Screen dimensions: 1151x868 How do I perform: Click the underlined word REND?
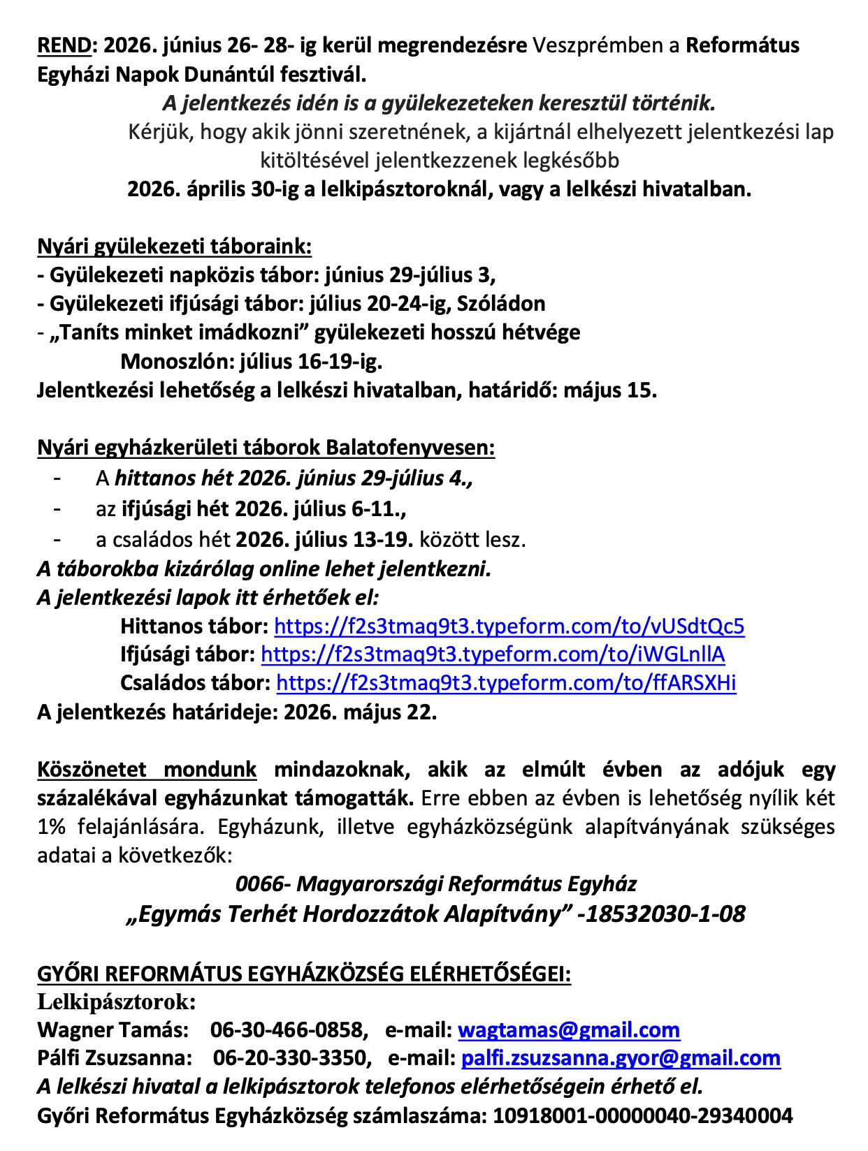coord(64,46)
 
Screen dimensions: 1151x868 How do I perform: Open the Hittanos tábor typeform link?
coord(509,626)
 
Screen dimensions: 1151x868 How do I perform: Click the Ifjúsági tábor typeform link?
coord(493,654)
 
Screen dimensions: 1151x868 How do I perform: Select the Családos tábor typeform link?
coord(506,683)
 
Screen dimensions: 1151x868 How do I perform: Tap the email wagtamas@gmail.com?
coord(569,1030)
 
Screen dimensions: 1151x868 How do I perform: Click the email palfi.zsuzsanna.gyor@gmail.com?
coord(621,1059)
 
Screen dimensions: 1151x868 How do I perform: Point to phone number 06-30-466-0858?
coord(289,1030)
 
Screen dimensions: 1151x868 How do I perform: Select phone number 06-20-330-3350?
coord(291,1059)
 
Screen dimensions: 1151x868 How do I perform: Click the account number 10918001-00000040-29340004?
coord(643,1115)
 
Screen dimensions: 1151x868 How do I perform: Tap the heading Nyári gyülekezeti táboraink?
coord(174,247)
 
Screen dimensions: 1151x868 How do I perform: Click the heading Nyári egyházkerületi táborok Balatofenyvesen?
coord(266,448)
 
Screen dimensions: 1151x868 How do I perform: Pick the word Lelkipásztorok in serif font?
coord(116,1002)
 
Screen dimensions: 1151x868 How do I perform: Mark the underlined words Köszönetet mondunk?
coord(147,770)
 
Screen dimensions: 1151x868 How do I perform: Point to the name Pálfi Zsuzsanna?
coord(115,1059)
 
